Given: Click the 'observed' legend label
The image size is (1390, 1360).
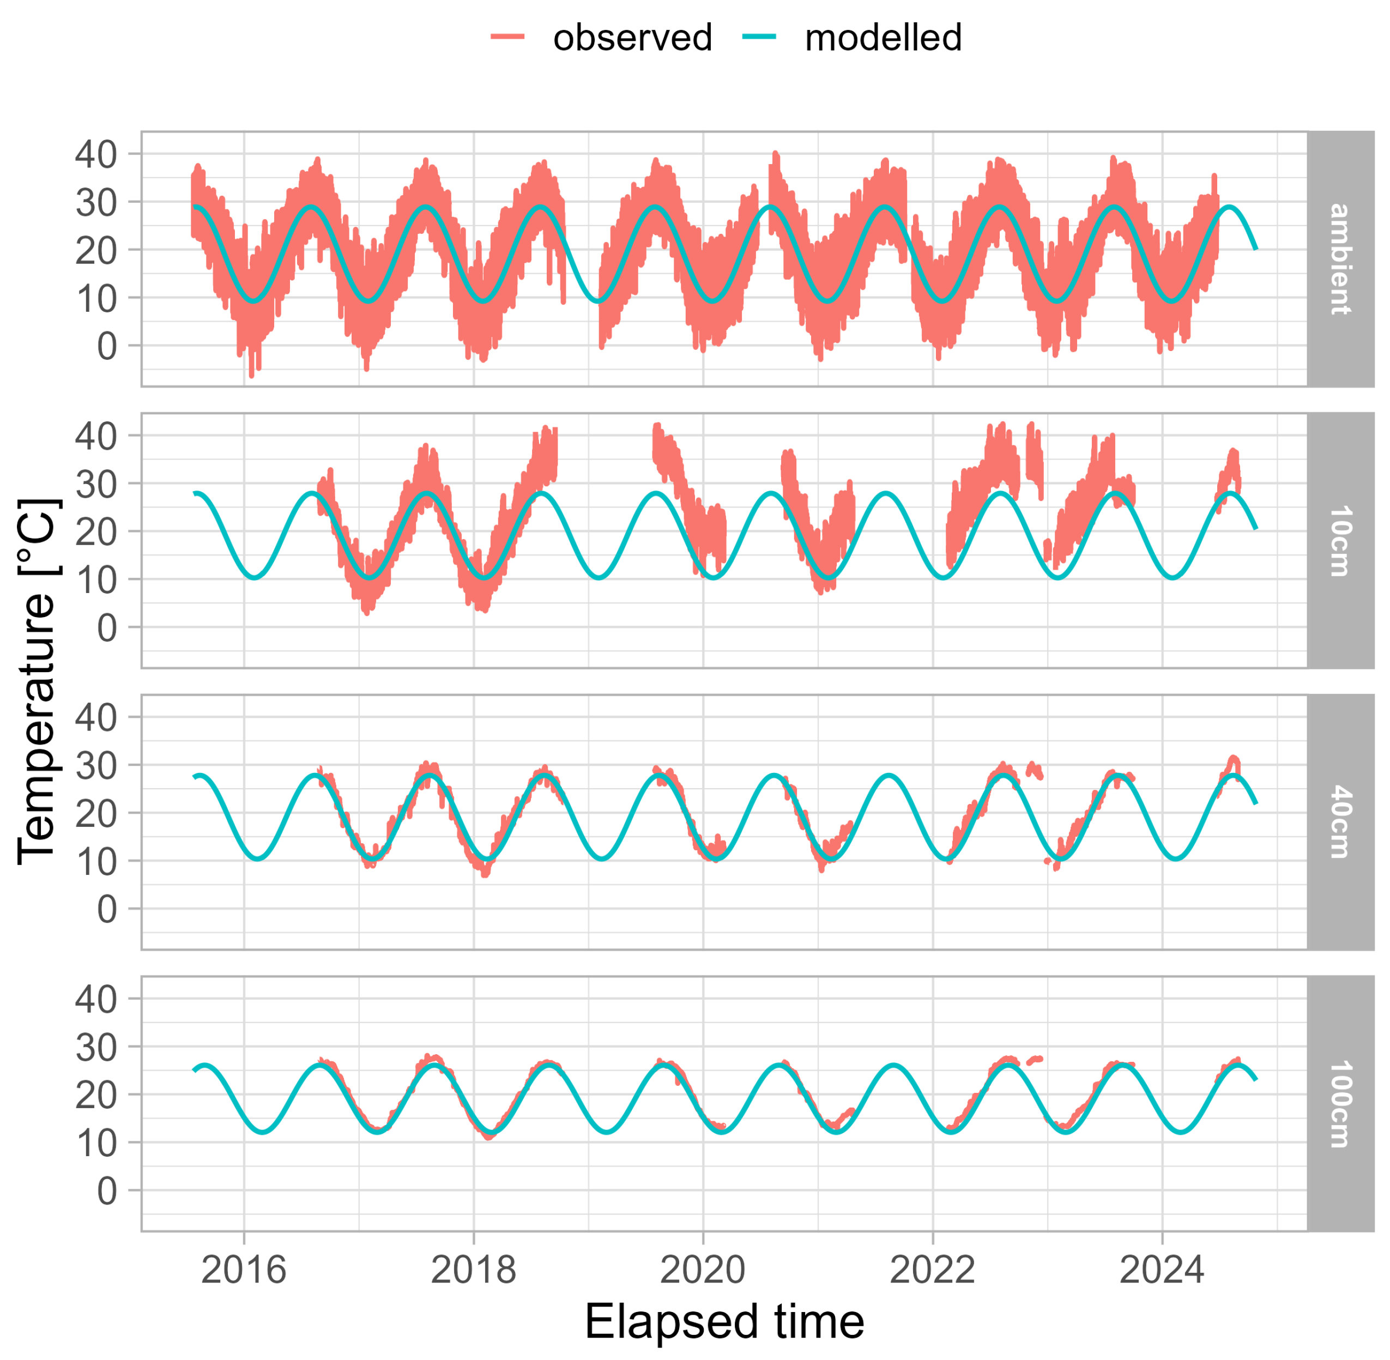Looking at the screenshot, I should click(632, 38).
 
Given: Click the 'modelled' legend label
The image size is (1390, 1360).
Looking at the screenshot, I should click(883, 38).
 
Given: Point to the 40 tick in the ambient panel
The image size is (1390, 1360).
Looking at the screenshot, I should click(96, 154).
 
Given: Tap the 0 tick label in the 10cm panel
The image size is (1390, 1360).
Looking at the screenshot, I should click(107, 628).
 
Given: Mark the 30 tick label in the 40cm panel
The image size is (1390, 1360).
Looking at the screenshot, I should click(96, 765).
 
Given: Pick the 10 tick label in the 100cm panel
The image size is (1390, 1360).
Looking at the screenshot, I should click(96, 1143).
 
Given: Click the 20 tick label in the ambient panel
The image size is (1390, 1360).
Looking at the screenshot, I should click(96, 250).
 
